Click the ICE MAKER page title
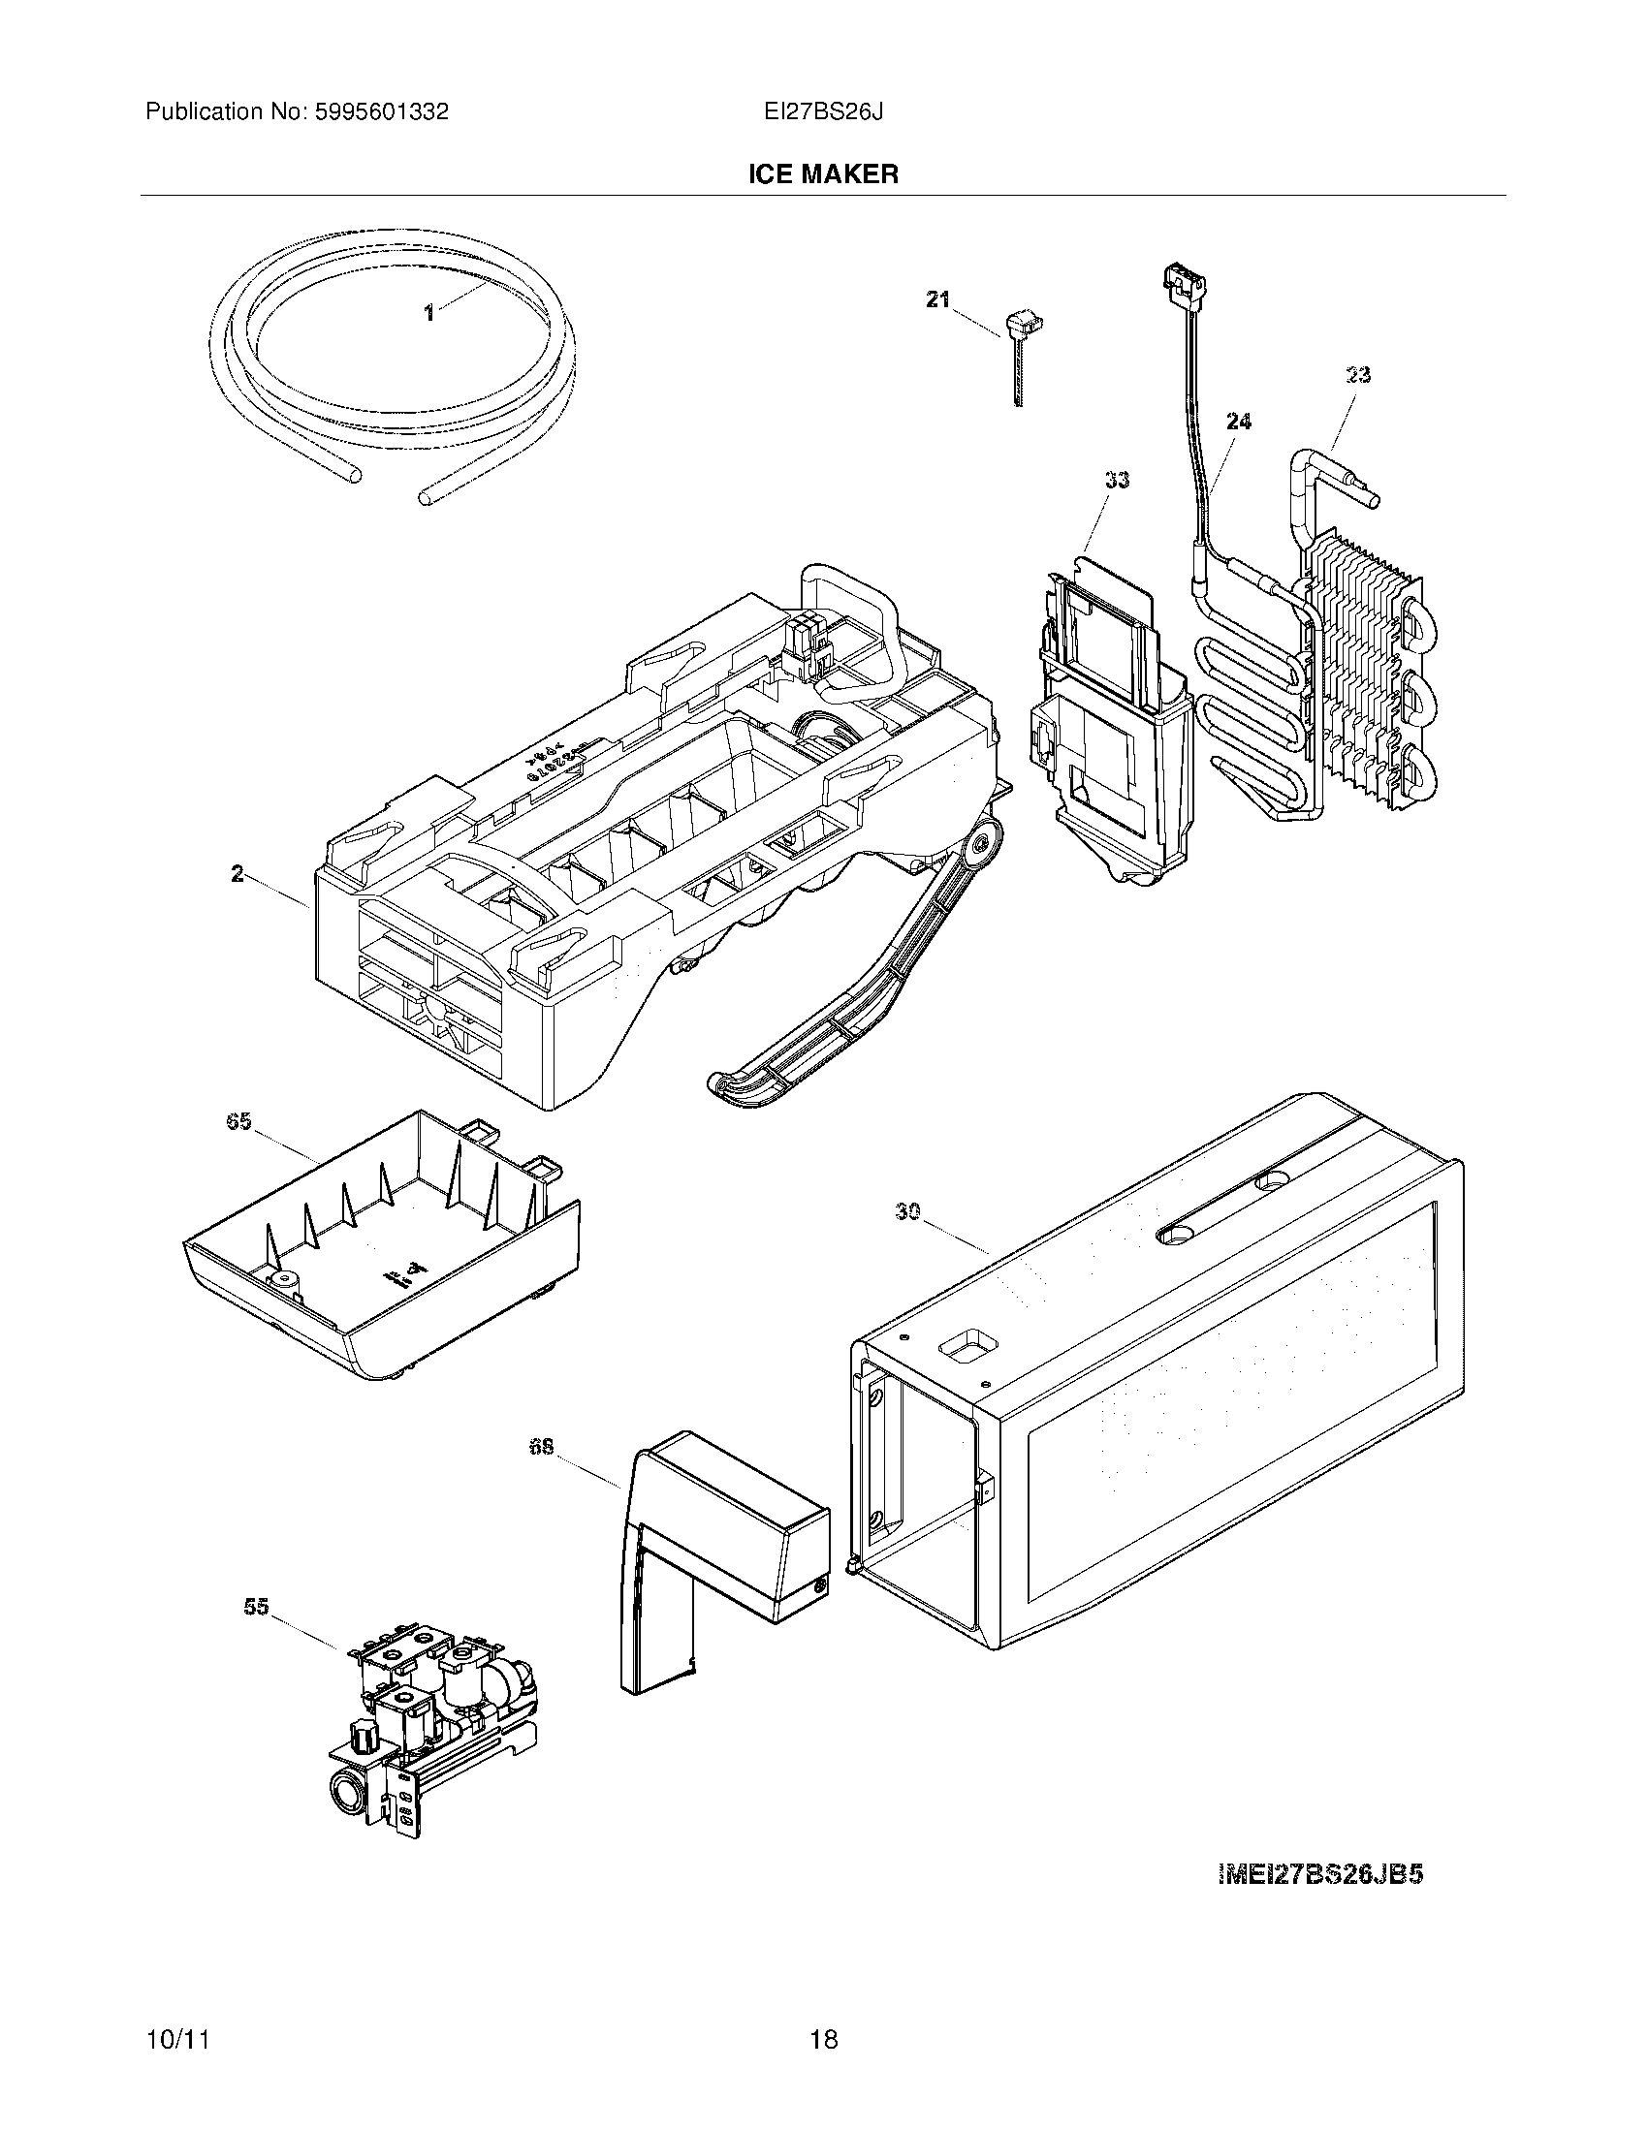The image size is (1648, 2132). coord(823,174)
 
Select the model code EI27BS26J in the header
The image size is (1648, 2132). coord(824,112)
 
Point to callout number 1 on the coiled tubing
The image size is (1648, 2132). coord(428,313)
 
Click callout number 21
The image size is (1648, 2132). coord(937,299)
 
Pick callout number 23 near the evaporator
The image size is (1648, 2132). coord(1358,375)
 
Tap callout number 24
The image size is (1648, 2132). coord(1238,422)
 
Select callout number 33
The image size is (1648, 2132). coord(1117,480)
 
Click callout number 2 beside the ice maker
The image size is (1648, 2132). coord(238,874)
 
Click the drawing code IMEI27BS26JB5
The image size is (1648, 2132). coord(1320,1874)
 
